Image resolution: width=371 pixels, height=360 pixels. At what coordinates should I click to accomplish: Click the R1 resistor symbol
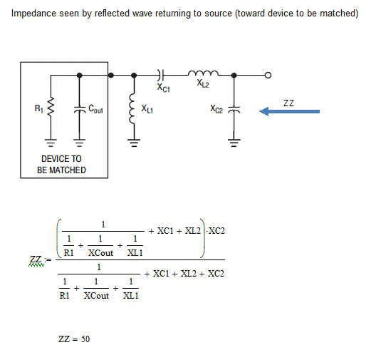[51, 107]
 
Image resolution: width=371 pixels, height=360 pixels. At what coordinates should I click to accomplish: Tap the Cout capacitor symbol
[80, 109]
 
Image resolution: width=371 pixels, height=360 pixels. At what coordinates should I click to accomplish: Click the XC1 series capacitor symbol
[160, 75]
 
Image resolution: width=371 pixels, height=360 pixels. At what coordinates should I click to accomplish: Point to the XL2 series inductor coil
[203, 73]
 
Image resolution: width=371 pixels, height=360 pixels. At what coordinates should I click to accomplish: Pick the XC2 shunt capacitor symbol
[234, 110]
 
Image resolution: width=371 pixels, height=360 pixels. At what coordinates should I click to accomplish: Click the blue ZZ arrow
[289, 111]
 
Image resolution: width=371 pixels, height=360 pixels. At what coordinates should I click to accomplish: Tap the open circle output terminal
[268, 76]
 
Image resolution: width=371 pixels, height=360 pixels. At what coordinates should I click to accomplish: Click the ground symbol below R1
[51, 143]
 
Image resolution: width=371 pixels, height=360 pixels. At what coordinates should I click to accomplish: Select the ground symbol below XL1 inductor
[134, 143]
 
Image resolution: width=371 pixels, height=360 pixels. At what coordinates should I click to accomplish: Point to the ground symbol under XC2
[234, 143]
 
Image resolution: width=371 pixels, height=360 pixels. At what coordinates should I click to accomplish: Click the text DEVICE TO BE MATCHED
[61, 165]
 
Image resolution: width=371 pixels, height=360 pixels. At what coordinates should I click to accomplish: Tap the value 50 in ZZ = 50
[85, 339]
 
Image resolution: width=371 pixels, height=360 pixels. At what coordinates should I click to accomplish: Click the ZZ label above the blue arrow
[288, 103]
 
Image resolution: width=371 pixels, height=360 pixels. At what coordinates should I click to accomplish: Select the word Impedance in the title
[33, 14]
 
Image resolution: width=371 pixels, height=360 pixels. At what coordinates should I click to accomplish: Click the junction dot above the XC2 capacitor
[234, 76]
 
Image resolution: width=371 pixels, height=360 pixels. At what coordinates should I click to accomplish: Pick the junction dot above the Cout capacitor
[80, 76]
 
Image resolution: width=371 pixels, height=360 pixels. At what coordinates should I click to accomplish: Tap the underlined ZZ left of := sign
[36, 259]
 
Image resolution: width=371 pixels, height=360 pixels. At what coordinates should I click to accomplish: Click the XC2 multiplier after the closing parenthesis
[216, 231]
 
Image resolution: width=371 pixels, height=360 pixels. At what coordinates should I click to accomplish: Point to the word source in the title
[218, 14]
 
